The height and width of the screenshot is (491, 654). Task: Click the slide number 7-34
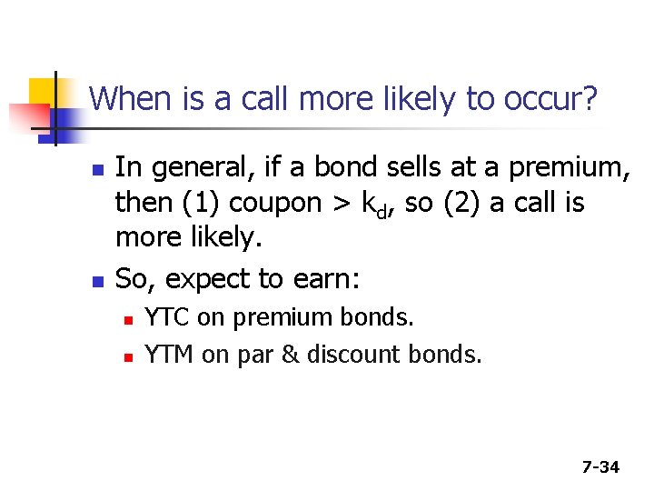pyautogui.click(x=600, y=467)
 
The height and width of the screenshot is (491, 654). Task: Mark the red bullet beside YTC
pyautogui.click(x=129, y=320)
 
